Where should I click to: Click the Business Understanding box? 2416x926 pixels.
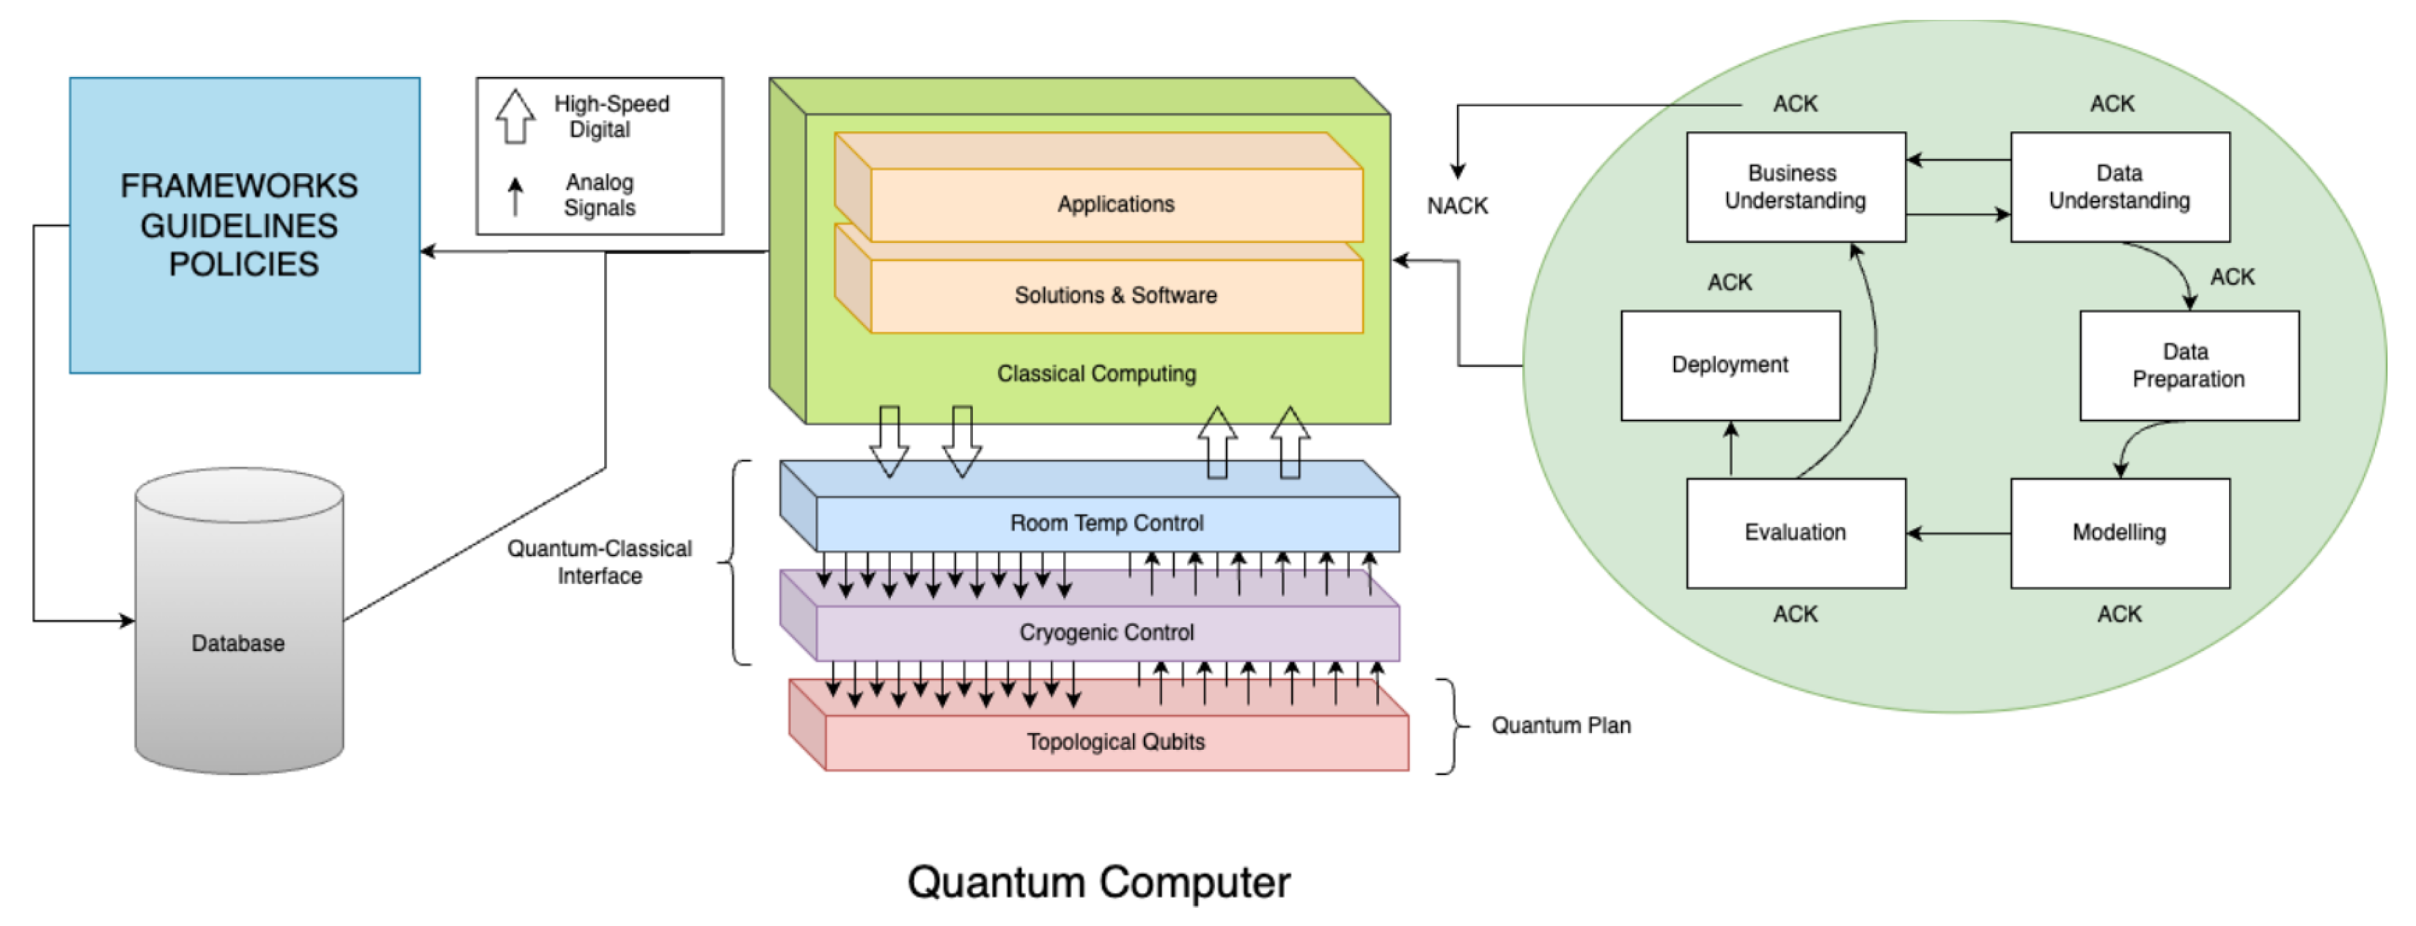1794,186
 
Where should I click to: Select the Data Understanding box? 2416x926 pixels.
2119,186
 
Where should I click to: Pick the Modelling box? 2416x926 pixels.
2119,533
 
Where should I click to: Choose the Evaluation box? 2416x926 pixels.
1794,533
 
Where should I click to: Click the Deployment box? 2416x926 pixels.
1730,365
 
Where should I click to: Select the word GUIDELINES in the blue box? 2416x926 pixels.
238,225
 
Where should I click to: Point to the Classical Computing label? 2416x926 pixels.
1095,373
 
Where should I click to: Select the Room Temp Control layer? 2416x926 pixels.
1106,522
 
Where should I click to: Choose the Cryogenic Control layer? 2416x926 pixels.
1106,632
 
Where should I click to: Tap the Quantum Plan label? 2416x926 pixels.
1560,725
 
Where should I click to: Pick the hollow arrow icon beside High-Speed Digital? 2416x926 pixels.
515,117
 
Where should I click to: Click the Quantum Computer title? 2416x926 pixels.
1098,882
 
